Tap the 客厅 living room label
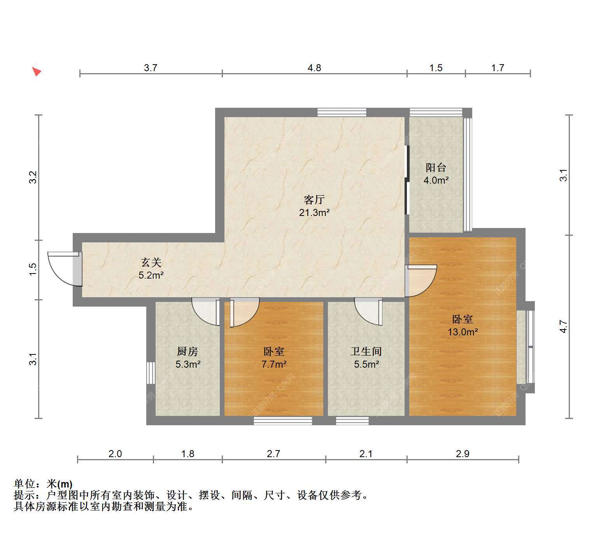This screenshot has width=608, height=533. pyautogui.click(x=314, y=200)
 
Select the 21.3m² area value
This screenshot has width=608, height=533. pyautogui.click(x=314, y=212)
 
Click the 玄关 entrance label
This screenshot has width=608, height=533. pyautogui.click(x=151, y=263)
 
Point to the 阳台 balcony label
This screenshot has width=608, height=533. pyautogui.click(x=436, y=168)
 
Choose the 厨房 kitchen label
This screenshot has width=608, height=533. pyautogui.click(x=187, y=352)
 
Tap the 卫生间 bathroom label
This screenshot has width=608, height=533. pyautogui.click(x=366, y=352)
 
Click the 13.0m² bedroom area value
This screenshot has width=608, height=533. pyautogui.click(x=463, y=332)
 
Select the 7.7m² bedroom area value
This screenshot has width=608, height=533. pyautogui.click(x=274, y=364)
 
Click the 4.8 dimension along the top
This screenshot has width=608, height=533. pyautogui.click(x=314, y=68)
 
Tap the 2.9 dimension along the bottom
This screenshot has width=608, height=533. pyautogui.click(x=463, y=454)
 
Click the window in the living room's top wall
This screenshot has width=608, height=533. pyautogui.click(x=342, y=112)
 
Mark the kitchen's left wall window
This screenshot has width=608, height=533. pyautogui.click(x=151, y=373)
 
